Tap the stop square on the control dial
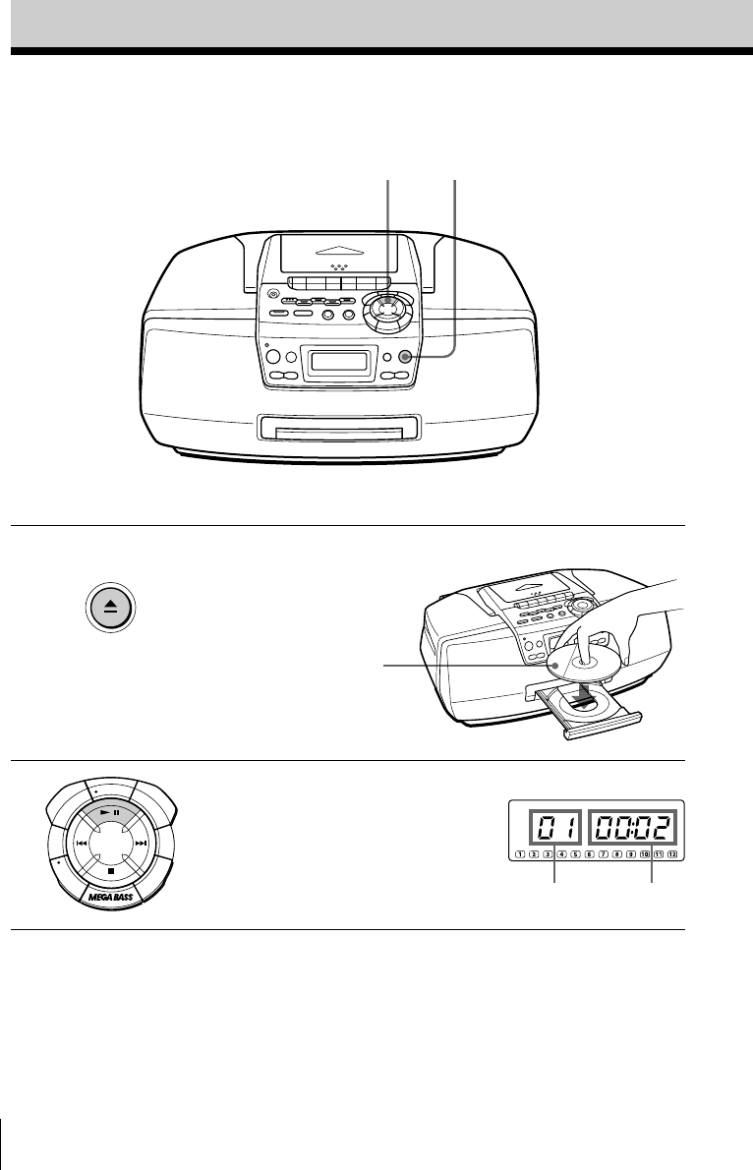point(112,869)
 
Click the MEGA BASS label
point(112,898)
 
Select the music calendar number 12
point(673,854)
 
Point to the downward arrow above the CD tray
point(586,695)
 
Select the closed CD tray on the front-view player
point(339,428)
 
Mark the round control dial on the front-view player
point(385,311)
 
